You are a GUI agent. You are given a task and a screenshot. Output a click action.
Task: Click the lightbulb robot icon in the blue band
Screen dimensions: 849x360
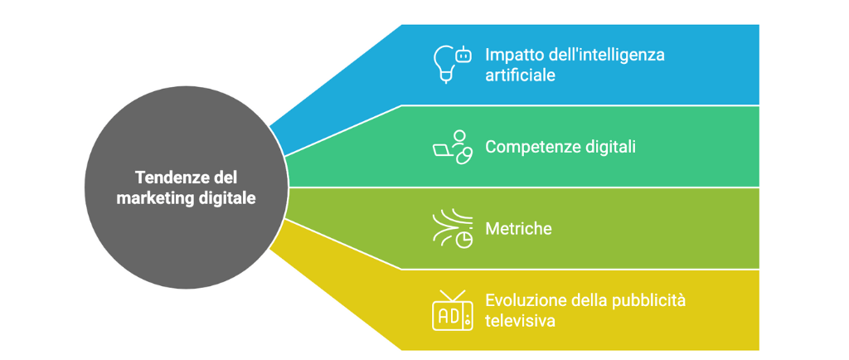point(452,64)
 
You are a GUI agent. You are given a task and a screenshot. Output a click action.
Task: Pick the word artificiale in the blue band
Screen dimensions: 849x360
point(520,75)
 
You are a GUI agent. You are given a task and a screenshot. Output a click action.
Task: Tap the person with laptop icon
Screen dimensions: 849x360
point(452,148)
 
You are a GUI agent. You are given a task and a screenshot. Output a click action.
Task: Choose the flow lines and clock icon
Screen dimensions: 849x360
point(452,229)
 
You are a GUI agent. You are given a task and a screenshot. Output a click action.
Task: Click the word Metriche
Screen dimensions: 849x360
point(518,228)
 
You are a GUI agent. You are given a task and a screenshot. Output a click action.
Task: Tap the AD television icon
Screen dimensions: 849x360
point(452,310)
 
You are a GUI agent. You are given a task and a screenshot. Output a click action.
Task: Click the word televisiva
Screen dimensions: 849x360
point(520,320)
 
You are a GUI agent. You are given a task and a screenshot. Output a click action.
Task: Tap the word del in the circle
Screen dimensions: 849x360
point(224,178)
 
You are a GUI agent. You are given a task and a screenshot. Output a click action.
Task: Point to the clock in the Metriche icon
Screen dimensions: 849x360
point(465,239)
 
